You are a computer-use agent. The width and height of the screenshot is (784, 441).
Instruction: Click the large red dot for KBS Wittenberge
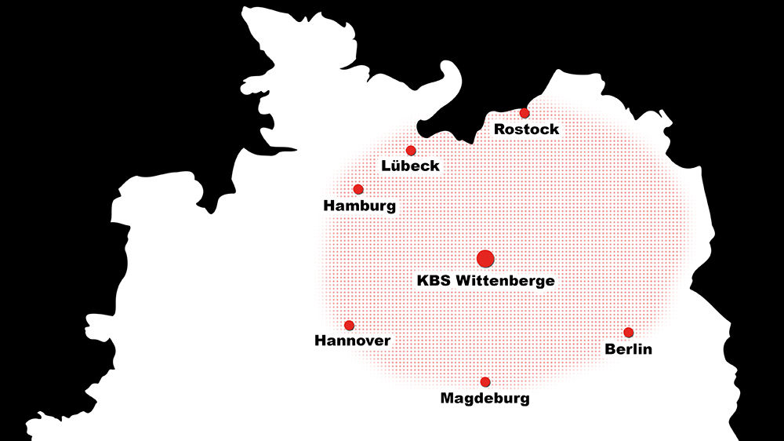[x=485, y=257]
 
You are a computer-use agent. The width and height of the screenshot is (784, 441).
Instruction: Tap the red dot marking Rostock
[x=524, y=113]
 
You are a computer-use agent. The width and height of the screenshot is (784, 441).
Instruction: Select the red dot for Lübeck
[x=411, y=151]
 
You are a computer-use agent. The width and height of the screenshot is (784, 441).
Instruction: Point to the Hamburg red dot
[x=358, y=189]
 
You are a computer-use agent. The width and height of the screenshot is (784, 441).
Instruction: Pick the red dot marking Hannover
[x=349, y=325]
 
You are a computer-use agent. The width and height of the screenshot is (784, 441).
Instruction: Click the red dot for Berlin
[x=628, y=333]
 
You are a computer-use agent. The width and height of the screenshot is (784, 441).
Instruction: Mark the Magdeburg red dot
[x=485, y=382]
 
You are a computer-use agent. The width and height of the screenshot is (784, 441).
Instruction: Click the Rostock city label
[x=526, y=129]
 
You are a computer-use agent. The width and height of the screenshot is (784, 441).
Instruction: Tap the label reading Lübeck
[x=410, y=166]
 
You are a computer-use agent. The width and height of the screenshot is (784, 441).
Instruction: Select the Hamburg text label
[x=359, y=206]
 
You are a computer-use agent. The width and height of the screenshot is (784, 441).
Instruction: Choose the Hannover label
[x=352, y=341]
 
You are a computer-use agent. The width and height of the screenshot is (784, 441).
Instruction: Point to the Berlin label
[x=628, y=349]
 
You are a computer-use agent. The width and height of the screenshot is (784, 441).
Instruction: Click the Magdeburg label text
[x=485, y=399]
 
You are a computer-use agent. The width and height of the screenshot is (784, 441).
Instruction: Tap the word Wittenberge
[x=505, y=280]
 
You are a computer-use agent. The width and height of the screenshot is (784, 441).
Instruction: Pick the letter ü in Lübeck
[x=395, y=167]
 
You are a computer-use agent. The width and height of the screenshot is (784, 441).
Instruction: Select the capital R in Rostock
[x=499, y=129]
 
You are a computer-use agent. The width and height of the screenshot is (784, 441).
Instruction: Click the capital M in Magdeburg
[x=448, y=399]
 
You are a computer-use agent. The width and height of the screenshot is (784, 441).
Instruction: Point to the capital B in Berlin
[x=611, y=349]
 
